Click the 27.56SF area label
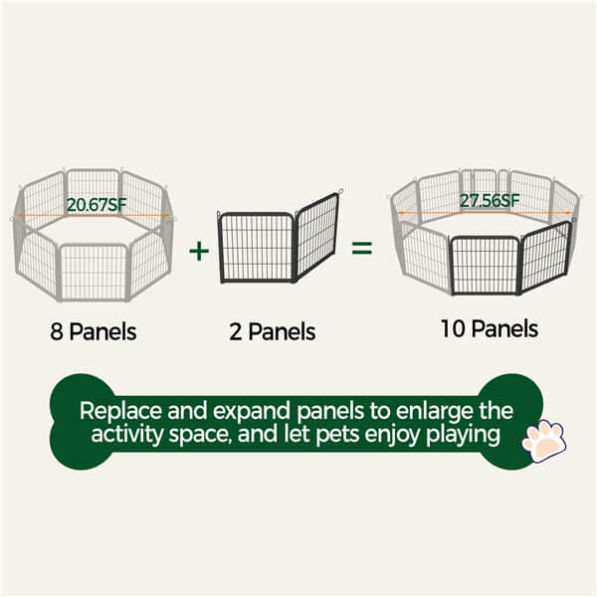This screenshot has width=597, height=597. click(489, 200)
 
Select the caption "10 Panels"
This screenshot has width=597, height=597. click(489, 328)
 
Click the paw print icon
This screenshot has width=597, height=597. click(542, 441)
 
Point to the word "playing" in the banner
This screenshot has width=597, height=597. click(463, 435)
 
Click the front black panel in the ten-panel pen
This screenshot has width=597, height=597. click(485, 265)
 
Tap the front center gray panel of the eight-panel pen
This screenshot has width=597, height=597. click(94, 271)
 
